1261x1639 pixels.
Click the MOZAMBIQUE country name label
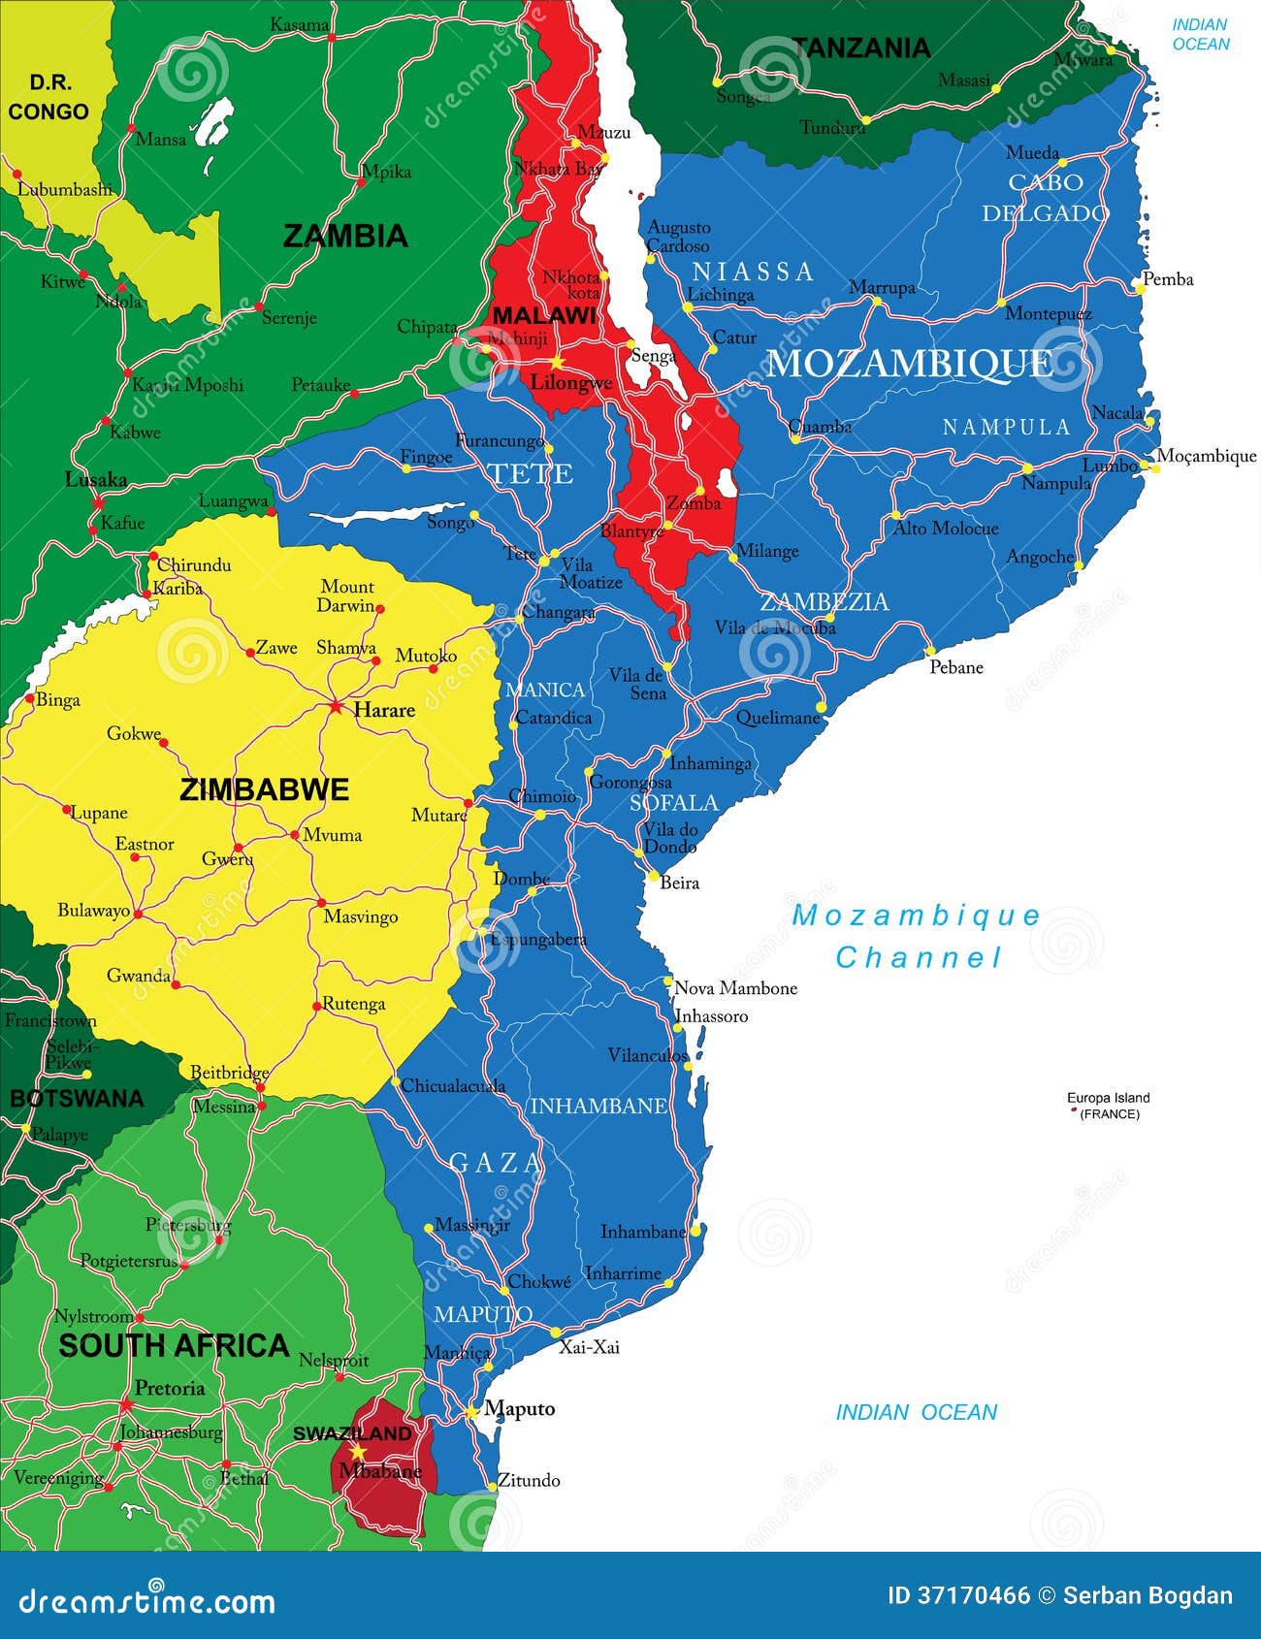[909, 364]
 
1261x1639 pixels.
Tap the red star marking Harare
[336, 706]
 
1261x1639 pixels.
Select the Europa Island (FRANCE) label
[1108, 1106]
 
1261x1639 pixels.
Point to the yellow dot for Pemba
[1141, 289]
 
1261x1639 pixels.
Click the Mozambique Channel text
[917, 936]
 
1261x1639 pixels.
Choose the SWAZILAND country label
[352, 1433]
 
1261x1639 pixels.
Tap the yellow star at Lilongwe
[558, 362]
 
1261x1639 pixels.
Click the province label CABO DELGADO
[1045, 198]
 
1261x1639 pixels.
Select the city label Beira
[679, 883]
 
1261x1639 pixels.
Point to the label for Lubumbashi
[65, 190]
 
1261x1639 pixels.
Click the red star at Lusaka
[97, 502]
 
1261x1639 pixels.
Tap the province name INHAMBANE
[598, 1106]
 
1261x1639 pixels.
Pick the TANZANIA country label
[861, 48]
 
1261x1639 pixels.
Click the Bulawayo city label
[93, 910]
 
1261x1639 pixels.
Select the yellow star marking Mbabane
[358, 1452]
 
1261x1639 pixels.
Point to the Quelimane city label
[778, 718]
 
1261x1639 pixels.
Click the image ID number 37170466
[973, 1595]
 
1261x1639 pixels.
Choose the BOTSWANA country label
[77, 1099]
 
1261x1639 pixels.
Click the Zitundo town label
[529, 1480]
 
